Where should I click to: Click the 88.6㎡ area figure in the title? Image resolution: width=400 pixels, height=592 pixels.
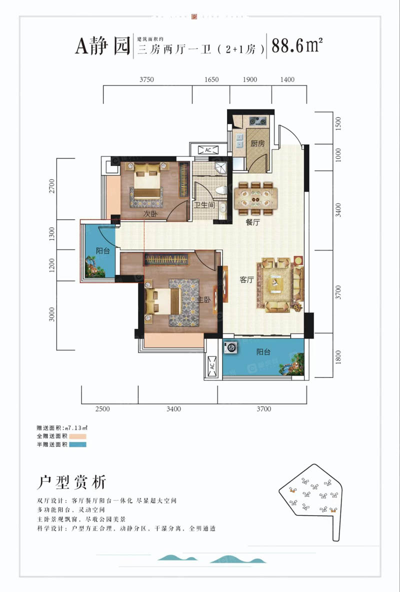pos(296,47)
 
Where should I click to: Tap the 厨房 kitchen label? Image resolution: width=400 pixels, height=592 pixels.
pos(257,143)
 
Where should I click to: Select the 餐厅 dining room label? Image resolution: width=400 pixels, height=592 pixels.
pos(253,223)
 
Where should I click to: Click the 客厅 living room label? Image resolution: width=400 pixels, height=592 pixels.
pos(246,280)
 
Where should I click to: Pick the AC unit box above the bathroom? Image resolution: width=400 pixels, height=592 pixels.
pos(206,150)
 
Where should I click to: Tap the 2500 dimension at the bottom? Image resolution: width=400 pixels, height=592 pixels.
pos(102,409)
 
